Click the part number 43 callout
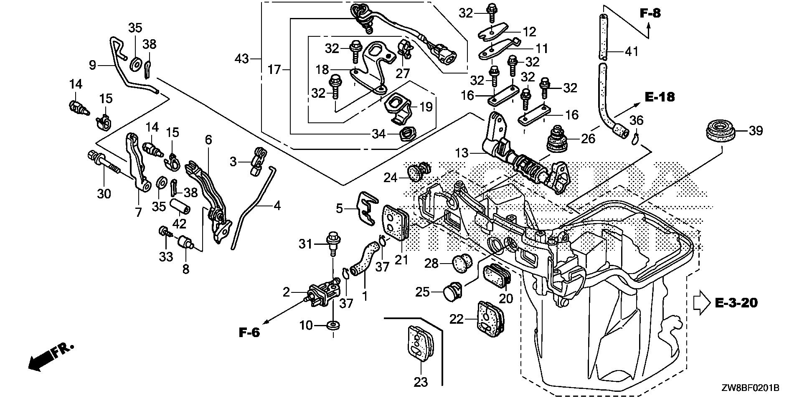(x=241, y=59)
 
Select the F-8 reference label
(x=651, y=14)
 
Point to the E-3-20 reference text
(x=736, y=302)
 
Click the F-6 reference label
(x=249, y=332)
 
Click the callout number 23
(x=421, y=382)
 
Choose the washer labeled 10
(x=333, y=325)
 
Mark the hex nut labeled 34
(x=406, y=135)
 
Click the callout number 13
(x=462, y=153)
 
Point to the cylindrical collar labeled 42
(x=181, y=206)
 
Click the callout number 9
(x=92, y=65)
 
